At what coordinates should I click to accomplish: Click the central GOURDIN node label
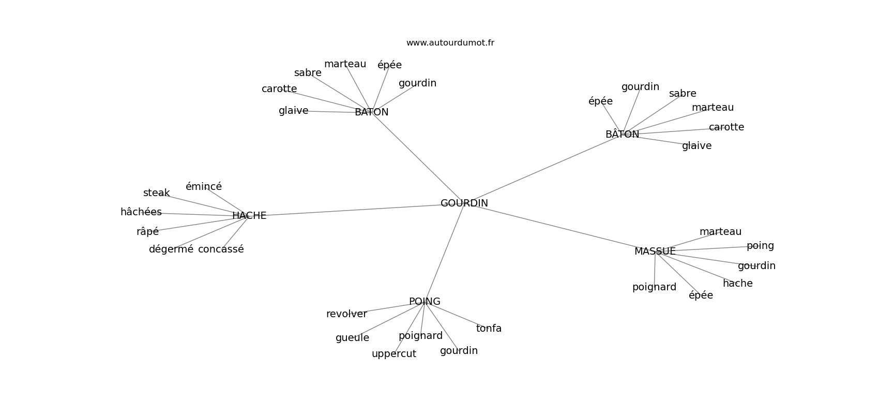point(464,203)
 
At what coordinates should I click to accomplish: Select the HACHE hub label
point(249,216)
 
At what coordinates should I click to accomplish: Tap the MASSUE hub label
point(655,252)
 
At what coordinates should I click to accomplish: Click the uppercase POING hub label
point(425,301)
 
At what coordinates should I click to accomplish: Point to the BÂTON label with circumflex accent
point(623,134)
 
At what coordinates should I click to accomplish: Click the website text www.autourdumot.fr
point(450,43)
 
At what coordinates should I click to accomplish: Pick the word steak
point(157,193)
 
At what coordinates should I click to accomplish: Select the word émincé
point(204,186)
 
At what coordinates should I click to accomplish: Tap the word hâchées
point(141,212)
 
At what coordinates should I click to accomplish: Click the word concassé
point(221,249)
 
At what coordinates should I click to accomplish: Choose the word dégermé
point(171,249)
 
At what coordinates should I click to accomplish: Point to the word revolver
point(346,314)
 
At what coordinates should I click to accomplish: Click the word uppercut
point(394,354)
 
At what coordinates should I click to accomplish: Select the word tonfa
point(489,329)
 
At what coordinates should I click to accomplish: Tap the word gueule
point(353,338)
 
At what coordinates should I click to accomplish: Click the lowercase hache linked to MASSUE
point(738,283)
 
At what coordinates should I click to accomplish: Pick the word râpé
point(147,232)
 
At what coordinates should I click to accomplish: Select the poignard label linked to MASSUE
point(654,287)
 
